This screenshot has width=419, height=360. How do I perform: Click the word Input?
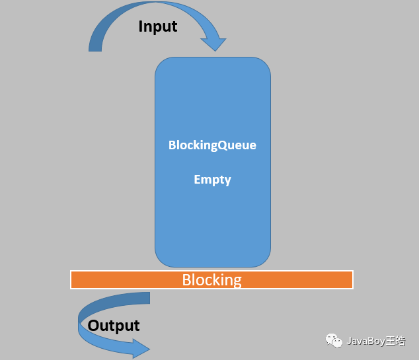tap(158, 26)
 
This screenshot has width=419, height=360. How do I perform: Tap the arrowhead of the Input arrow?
tap(213, 44)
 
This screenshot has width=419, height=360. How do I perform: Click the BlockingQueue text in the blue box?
tap(212, 145)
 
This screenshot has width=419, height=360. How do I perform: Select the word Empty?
tap(212, 180)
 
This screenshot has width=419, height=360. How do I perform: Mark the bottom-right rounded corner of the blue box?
tap(264, 260)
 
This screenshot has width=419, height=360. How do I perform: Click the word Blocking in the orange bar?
tap(211, 280)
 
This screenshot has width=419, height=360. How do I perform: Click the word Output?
tap(114, 326)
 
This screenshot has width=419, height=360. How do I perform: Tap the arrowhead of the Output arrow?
tap(141, 348)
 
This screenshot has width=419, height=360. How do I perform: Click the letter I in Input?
tap(141, 26)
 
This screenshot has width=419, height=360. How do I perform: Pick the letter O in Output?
tap(93, 326)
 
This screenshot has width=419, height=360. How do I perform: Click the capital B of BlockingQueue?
tap(172, 145)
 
